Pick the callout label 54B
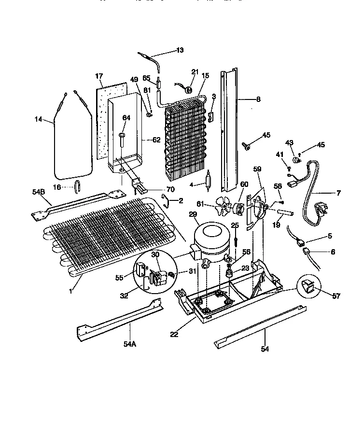coord(39,192)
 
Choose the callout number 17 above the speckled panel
coord(99,76)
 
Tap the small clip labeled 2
coord(164,200)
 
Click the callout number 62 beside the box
coord(156,140)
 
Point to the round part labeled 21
coord(190,88)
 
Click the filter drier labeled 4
coord(208,182)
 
